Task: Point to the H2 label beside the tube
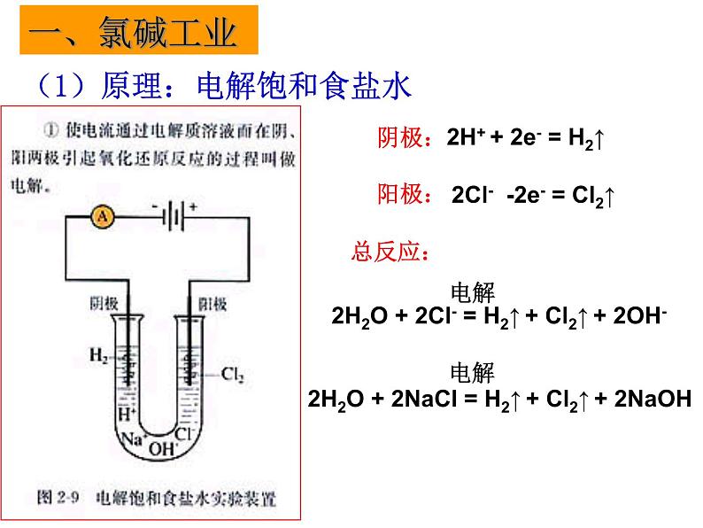(x=99, y=356)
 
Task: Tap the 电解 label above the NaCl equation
(x=474, y=372)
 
